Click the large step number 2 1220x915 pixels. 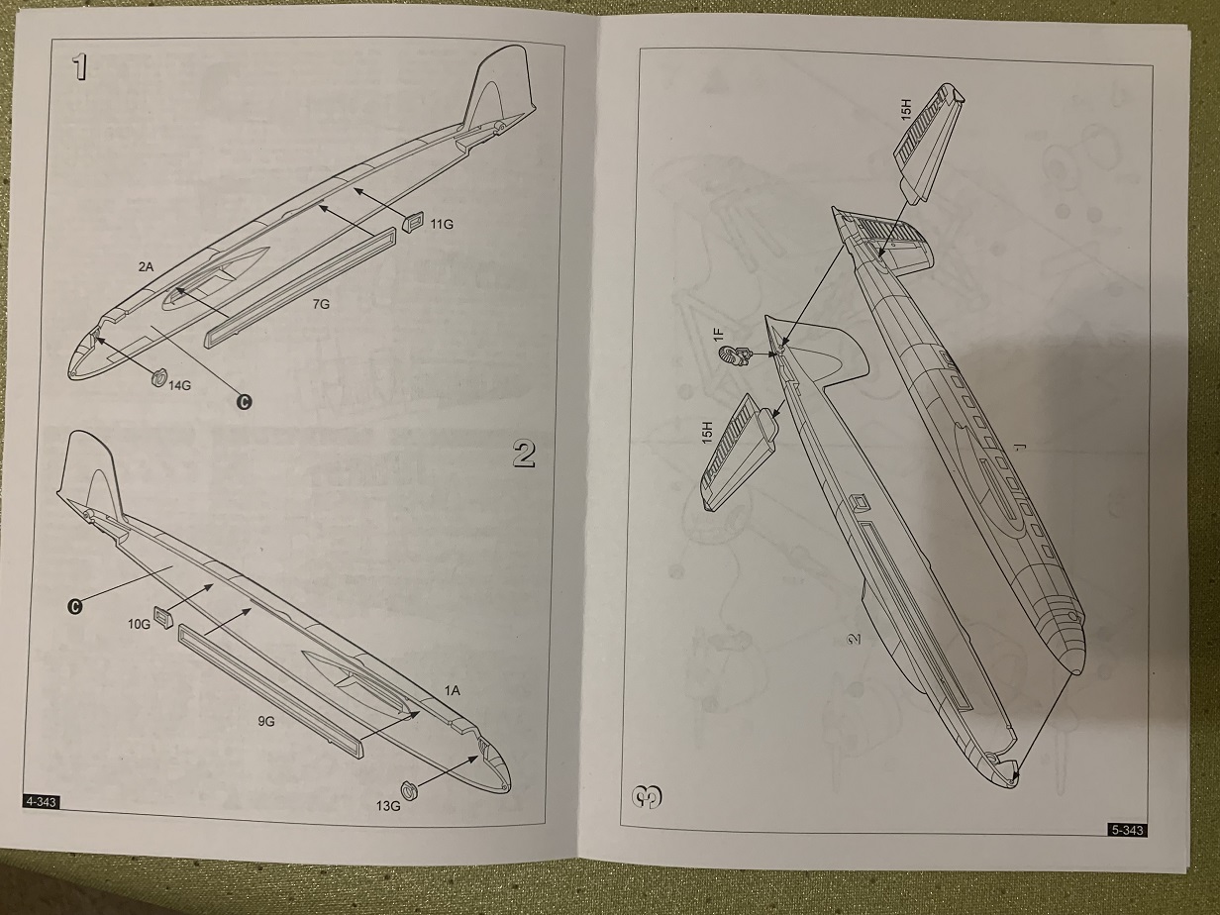[525, 454]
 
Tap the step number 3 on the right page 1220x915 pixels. [649, 795]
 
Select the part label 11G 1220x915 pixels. [442, 225]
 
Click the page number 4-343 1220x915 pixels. [40, 802]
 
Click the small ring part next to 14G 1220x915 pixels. [155, 375]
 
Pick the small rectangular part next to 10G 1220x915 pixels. [164, 617]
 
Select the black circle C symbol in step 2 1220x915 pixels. [74, 606]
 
